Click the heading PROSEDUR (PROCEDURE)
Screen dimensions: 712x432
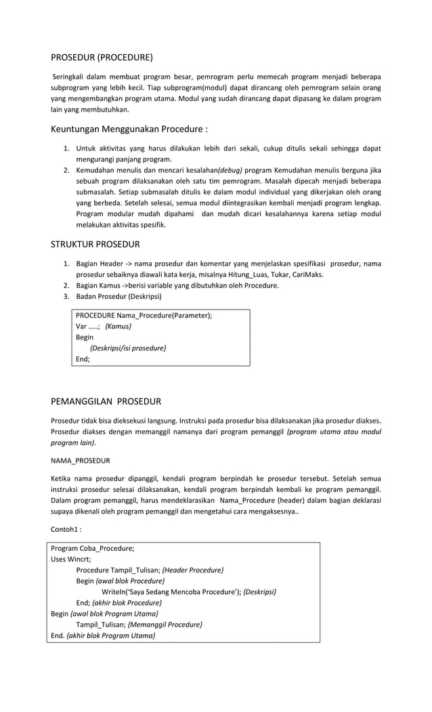pos(102,57)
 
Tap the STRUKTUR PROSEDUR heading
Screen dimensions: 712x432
pos(95,244)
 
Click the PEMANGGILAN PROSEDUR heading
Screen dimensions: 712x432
pos(106,401)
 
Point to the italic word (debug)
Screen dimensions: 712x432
pos(230,169)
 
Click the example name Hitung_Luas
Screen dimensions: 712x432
pos(229,274)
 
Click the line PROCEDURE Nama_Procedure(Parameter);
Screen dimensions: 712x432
pos(144,315)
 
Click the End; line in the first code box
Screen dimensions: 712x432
pos(83,359)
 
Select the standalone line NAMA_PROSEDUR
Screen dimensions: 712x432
pos(81,461)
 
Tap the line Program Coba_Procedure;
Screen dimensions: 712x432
pos(93,548)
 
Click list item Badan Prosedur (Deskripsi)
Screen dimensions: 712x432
pos(118,296)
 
